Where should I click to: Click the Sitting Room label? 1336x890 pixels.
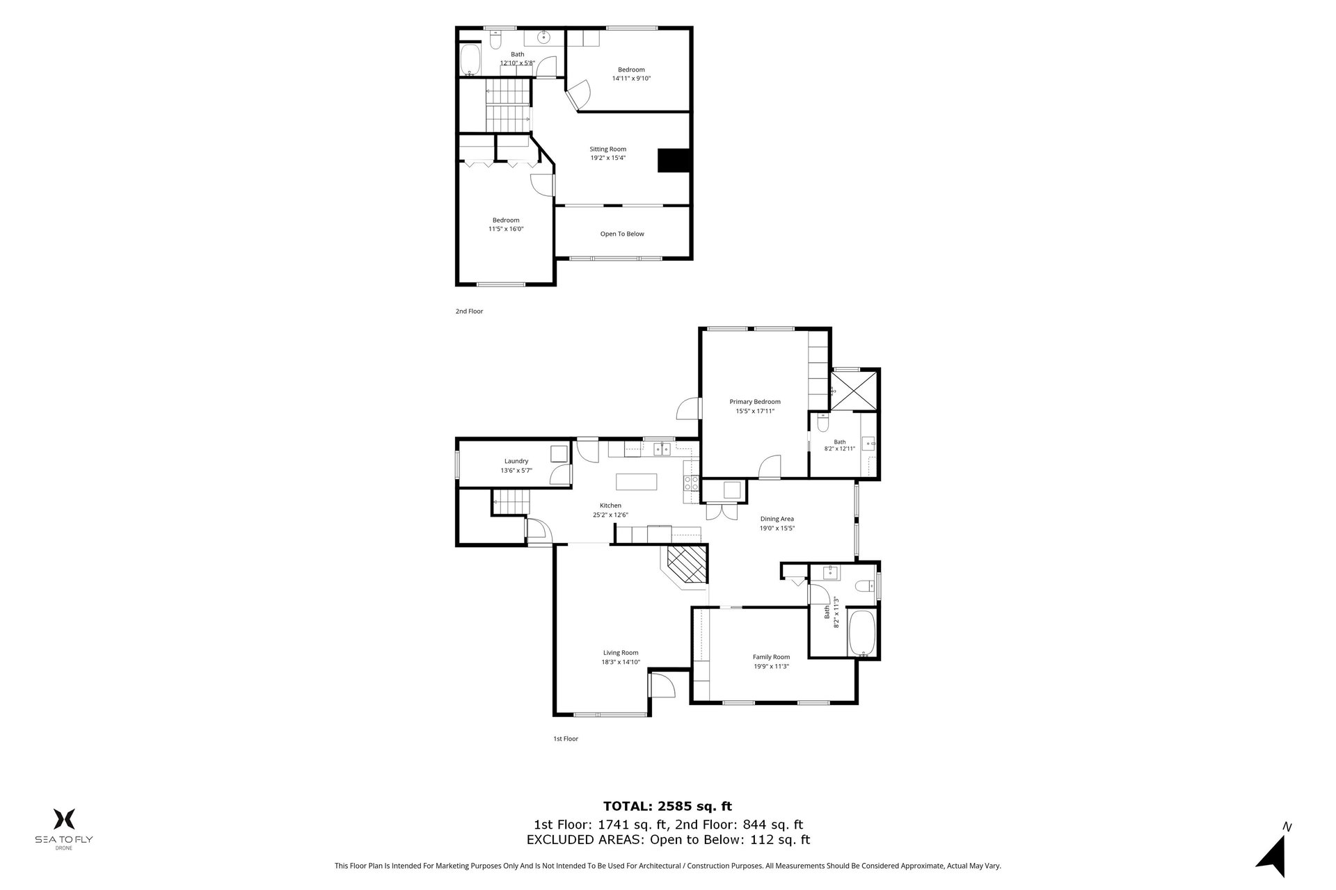[607, 149]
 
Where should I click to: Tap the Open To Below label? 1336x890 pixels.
[622, 234]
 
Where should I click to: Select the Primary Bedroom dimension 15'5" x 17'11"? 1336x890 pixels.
[755, 411]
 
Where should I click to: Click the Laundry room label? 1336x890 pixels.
[516, 461]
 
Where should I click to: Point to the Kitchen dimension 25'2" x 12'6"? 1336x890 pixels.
[610, 515]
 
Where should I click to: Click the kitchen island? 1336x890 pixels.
[636, 481]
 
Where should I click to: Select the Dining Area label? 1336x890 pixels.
[777, 519]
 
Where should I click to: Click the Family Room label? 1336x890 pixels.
[771, 657]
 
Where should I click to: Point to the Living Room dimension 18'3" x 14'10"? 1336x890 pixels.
[621, 662]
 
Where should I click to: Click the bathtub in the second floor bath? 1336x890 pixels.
[471, 60]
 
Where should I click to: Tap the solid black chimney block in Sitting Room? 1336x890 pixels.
[674, 161]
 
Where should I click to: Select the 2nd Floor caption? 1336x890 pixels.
[469, 311]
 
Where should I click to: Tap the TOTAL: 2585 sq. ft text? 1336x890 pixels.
[667, 807]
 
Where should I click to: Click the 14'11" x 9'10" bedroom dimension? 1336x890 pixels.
[631, 79]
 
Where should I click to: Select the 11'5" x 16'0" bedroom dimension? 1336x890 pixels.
[506, 229]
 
